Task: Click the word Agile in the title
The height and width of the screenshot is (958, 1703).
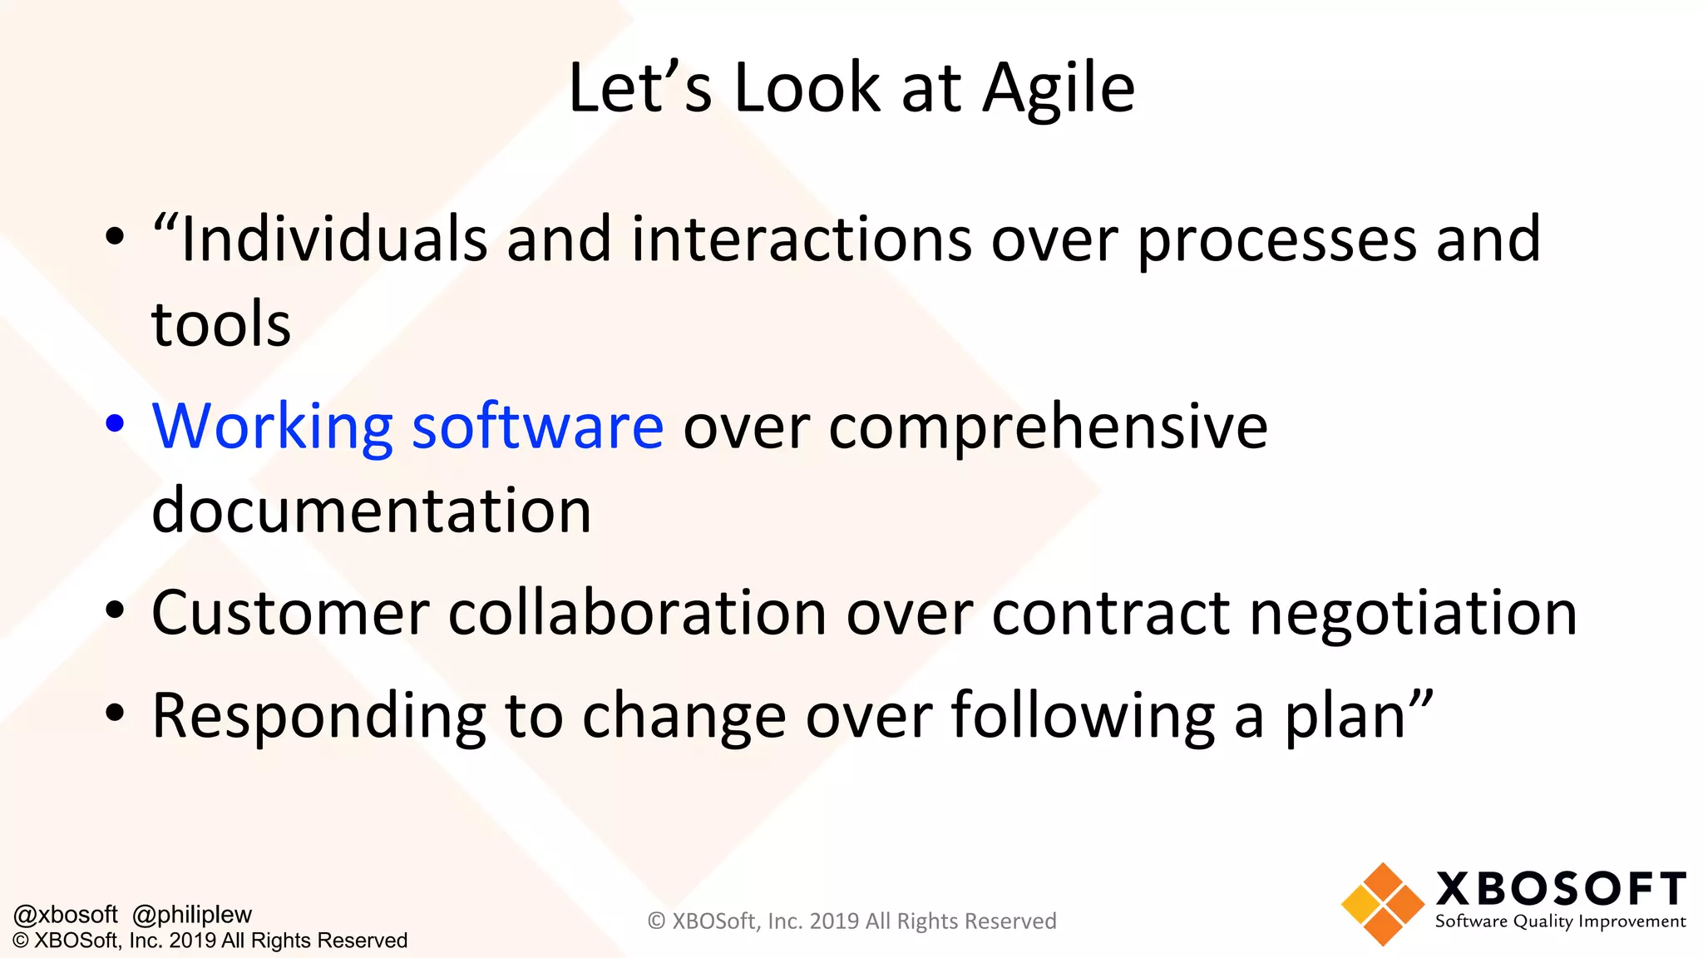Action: tap(1059, 88)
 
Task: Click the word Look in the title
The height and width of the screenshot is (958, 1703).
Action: tap(806, 88)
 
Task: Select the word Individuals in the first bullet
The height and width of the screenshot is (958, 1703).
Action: tap(333, 239)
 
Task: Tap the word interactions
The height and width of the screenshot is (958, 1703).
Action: tap(801, 239)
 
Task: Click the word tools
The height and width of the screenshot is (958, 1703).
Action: tap(221, 324)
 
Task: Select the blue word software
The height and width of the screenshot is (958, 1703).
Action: tap(537, 426)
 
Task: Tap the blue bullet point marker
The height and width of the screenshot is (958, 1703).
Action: tap(115, 423)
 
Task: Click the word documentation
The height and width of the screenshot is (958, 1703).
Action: tap(371, 511)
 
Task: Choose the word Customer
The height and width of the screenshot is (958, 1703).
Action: tap(290, 614)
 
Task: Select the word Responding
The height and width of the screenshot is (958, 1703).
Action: tap(318, 717)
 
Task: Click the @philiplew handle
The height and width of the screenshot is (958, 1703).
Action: tap(191, 915)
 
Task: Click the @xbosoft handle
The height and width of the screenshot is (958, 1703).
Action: tap(66, 915)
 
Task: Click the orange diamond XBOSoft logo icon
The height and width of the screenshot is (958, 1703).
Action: tap(1382, 905)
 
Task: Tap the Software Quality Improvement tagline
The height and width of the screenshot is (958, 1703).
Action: tap(1560, 921)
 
